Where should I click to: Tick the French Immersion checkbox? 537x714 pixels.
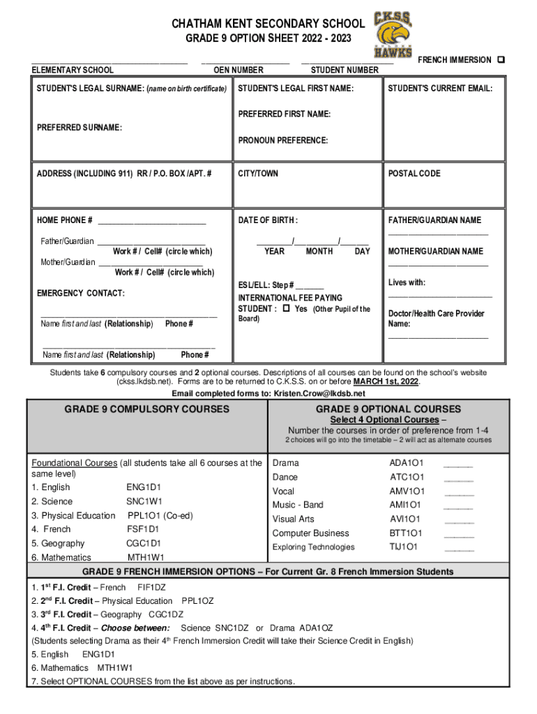501,60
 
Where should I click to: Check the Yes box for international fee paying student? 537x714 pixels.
287,309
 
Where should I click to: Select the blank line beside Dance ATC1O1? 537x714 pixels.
458,478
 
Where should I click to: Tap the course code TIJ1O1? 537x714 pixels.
403,547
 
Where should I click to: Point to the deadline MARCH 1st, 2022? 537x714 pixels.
386,382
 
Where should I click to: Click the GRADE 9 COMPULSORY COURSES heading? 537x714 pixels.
146,409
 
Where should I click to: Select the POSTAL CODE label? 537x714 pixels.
414,174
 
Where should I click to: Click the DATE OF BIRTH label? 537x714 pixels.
268,220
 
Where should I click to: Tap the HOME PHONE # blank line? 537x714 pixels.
152,222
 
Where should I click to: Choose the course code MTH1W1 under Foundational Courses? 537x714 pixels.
146,558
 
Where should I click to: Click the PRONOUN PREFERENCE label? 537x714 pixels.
283,141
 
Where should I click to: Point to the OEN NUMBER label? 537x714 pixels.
239,70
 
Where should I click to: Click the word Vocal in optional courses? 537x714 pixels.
283,492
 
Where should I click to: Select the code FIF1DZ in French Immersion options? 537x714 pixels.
151,586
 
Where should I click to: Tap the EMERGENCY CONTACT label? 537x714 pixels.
80,294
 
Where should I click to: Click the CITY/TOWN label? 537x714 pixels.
258,174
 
